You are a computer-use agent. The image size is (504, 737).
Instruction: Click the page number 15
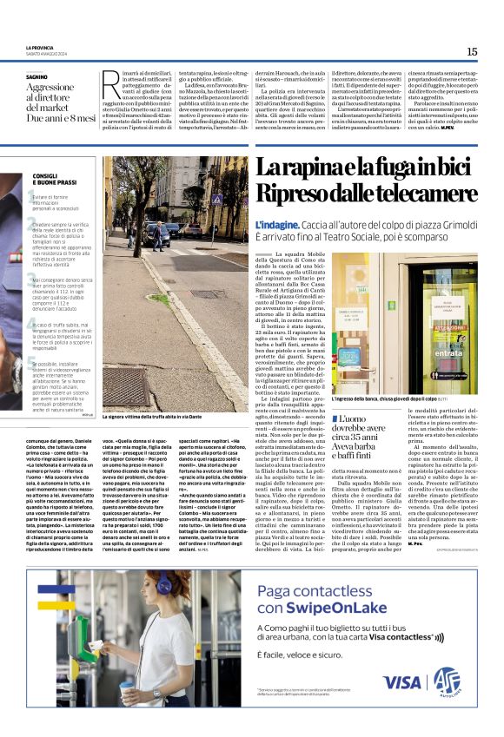click(x=471, y=51)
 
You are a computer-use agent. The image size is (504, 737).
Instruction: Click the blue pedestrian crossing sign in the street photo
click(x=216, y=199)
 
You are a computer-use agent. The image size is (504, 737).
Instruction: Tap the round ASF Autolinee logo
click(x=447, y=680)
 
